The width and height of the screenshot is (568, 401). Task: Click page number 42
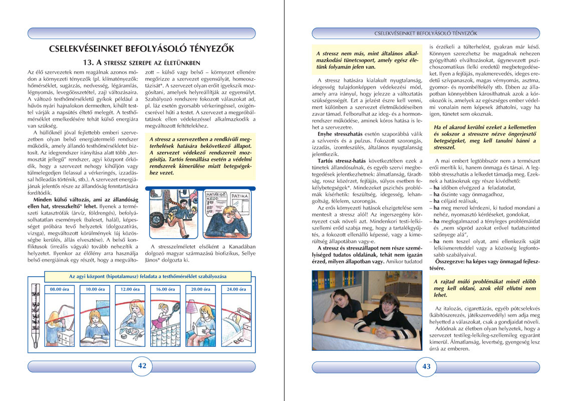142,366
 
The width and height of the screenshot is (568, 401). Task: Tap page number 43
426,366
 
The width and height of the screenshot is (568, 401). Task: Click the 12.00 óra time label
129,289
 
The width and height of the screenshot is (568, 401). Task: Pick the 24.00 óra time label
234,289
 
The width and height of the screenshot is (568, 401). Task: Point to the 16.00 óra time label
164,289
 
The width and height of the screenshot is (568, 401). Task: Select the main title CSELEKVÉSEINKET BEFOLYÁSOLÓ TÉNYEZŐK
142,49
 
